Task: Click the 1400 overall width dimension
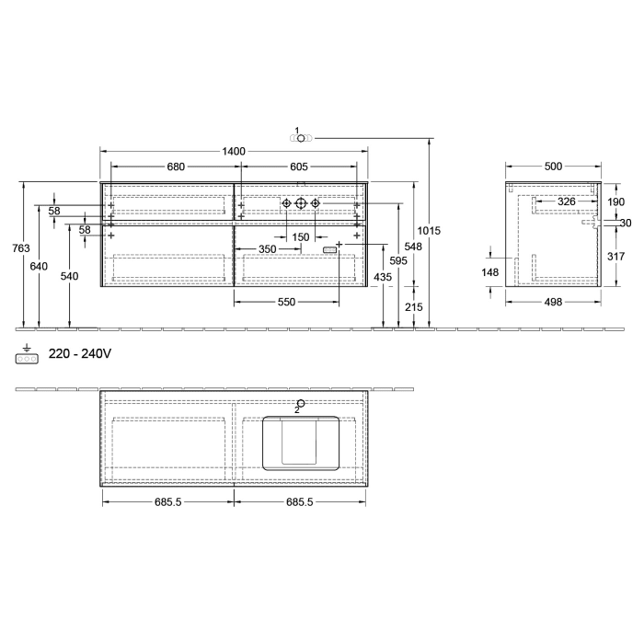(x=233, y=151)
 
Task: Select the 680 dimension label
(x=176, y=167)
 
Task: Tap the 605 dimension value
(x=298, y=167)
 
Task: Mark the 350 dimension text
(x=267, y=249)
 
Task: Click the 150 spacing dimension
(x=301, y=237)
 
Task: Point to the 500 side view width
(x=553, y=167)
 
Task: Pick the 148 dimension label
(x=489, y=272)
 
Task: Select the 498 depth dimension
(x=553, y=303)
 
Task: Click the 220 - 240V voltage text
(x=79, y=353)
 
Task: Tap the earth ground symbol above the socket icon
(x=27, y=348)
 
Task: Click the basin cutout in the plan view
(x=301, y=443)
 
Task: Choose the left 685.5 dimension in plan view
(x=167, y=502)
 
